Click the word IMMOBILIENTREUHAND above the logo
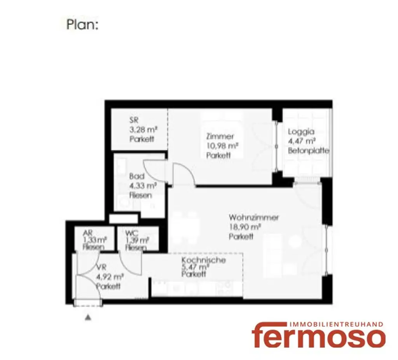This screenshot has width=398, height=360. point(337,324)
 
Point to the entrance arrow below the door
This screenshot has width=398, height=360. point(88,317)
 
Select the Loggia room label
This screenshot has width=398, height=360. point(301,132)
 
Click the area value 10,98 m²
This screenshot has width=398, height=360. point(222,146)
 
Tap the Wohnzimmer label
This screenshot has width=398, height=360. point(253,217)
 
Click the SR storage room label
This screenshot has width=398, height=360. point(134,120)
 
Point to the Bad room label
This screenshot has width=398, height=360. point(136,176)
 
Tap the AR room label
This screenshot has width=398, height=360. point(87,233)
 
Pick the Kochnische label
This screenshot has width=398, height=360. point(203,260)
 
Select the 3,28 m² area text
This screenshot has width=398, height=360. point(143,130)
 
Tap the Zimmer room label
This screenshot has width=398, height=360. point(220,136)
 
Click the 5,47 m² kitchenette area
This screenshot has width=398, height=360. point(195,267)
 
